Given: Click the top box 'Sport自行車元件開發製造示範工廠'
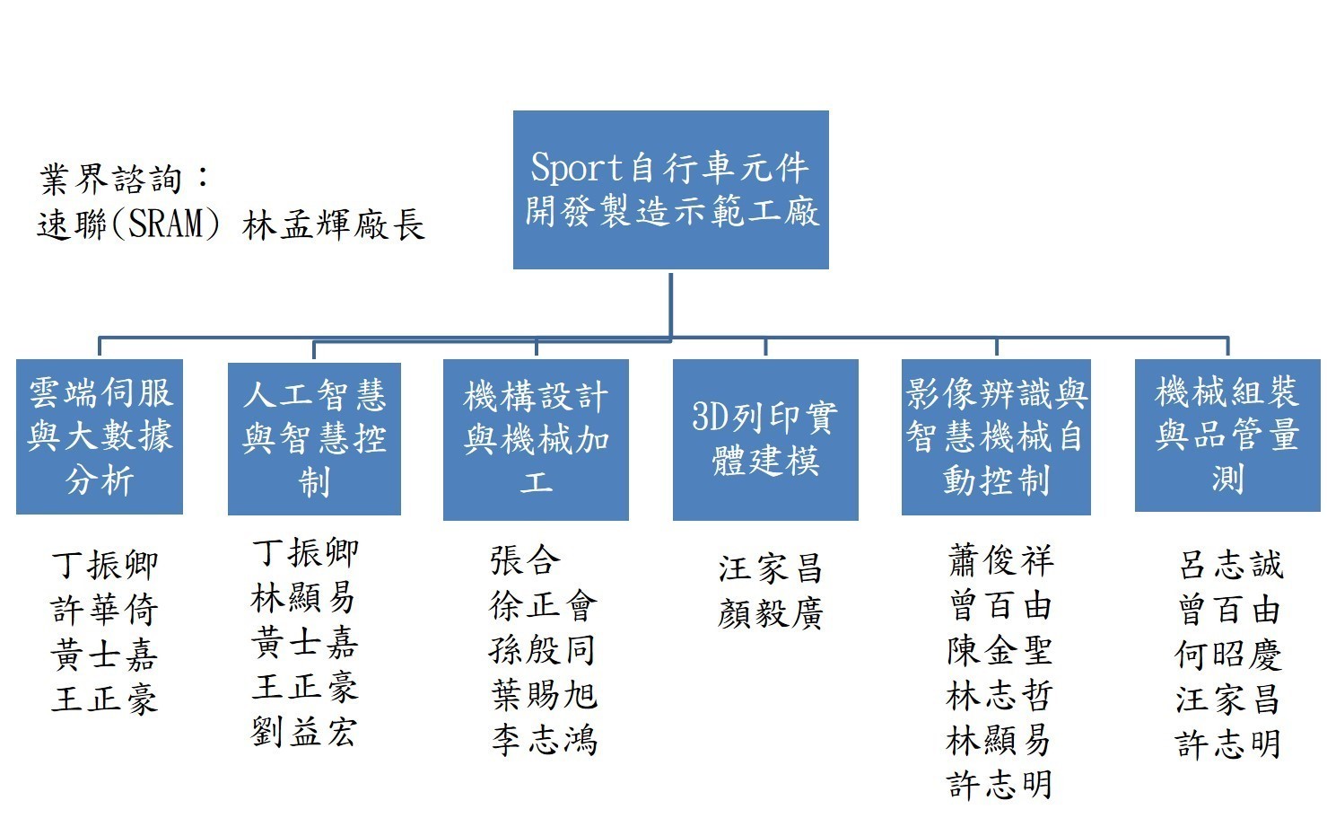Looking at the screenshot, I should click(x=670, y=189).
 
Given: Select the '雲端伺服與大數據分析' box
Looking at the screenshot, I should click(x=100, y=436).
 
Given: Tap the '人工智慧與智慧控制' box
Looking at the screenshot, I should click(x=314, y=438).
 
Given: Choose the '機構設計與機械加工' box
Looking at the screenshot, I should click(x=536, y=439).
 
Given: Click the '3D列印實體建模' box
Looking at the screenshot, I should click(x=765, y=439).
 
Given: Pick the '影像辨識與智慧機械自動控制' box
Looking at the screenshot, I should click(x=996, y=437).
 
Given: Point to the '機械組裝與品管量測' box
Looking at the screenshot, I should click(x=1227, y=435).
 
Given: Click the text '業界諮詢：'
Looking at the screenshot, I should click(x=126, y=180).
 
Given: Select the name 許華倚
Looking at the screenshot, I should click(x=105, y=611).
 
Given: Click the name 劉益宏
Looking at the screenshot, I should click(x=304, y=732).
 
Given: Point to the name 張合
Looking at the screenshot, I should click(x=525, y=560).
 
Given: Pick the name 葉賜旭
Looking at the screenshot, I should click(x=544, y=695).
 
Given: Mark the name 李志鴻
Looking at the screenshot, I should click(x=544, y=740).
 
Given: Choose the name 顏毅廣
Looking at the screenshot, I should click(x=771, y=614).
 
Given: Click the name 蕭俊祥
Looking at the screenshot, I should click(x=1000, y=561).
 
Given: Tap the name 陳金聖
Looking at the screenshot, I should click(x=1000, y=651).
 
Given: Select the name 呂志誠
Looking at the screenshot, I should click(x=1230, y=565).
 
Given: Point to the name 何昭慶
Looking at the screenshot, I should click(x=1228, y=655).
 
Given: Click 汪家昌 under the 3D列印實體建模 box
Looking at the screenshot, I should click(x=771, y=568).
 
